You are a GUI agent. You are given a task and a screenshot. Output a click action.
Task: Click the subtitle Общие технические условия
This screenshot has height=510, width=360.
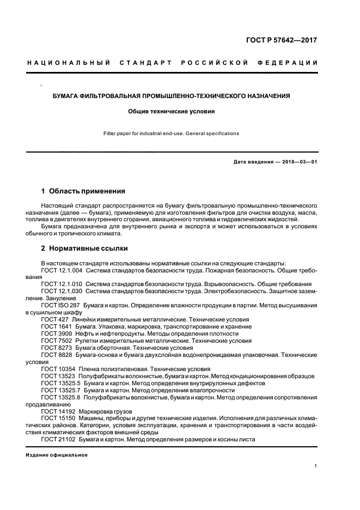(172, 111)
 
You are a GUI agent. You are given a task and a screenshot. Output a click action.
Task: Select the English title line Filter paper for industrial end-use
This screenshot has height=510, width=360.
(172, 133)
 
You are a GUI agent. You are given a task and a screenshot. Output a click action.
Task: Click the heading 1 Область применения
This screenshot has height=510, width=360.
(83, 191)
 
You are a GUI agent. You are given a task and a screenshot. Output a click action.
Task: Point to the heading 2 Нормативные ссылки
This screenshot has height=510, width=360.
(84, 248)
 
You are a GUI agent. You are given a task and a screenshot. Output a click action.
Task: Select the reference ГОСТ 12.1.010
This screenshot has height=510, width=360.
(62, 284)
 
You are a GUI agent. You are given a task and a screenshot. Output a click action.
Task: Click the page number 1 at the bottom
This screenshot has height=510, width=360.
(316, 466)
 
